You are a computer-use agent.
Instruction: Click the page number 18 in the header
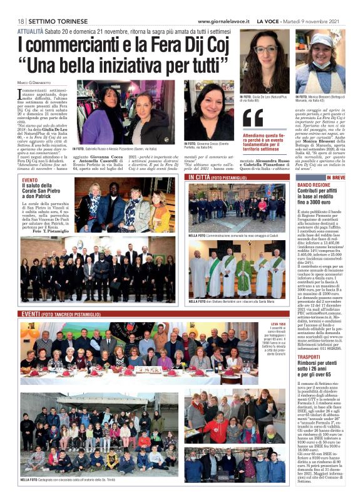(x=21, y=21)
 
